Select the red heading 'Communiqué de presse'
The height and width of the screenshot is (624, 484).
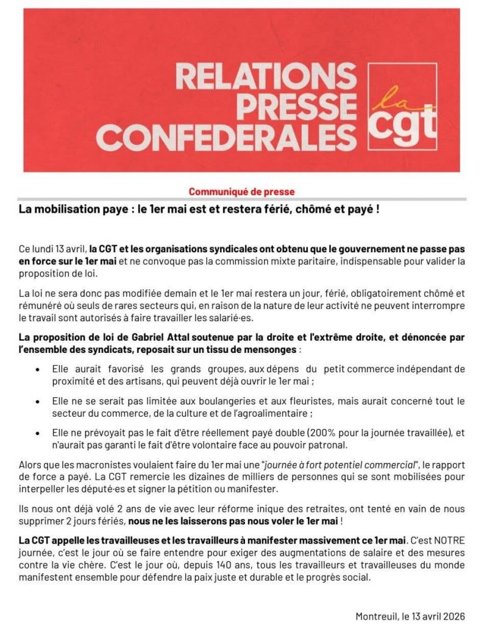pyautogui.click(x=241, y=191)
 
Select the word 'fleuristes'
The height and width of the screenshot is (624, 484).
pyautogui.click(x=275, y=401)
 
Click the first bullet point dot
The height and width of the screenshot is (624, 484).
pyautogui.click(x=39, y=369)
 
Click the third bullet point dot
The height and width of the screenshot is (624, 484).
pyautogui.click(x=39, y=433)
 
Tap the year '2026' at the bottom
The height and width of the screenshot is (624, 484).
pyautogui.click(x=453, y=616)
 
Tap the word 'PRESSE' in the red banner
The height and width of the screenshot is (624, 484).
pyautogui.click(x=305, y=106)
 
